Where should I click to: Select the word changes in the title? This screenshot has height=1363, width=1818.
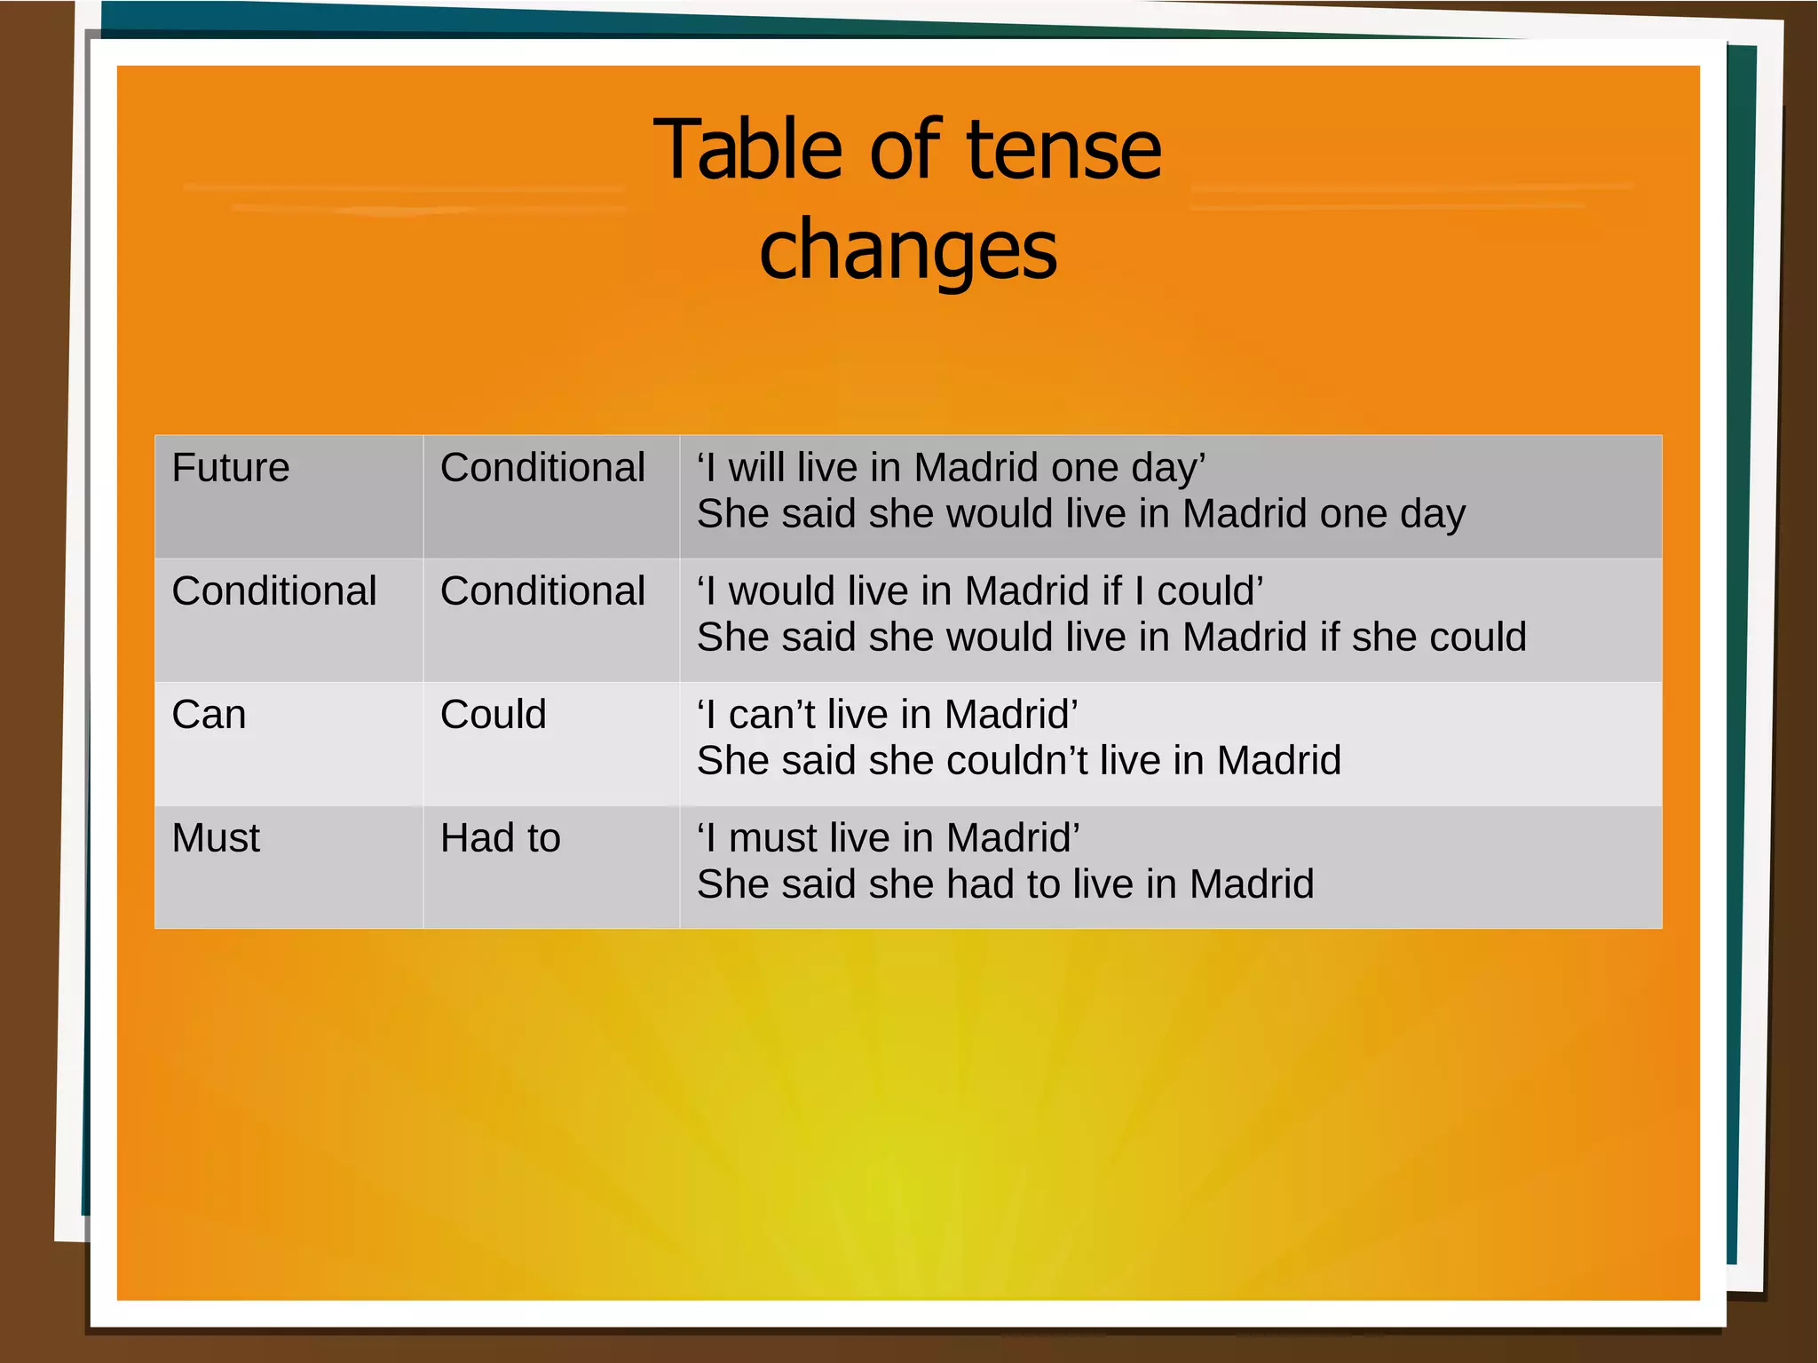(908, 250)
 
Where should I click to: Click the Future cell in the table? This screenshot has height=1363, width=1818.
(231, 468)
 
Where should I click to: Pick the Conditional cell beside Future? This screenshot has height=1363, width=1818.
(542, 468)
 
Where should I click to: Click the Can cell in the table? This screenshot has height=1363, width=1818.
(209, 715)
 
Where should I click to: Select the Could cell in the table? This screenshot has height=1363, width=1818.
(494, 715)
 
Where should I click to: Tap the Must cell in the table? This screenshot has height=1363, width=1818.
(216, 838)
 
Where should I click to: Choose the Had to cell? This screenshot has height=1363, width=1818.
(501, 838)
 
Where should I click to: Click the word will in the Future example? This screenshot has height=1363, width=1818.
(758, 468)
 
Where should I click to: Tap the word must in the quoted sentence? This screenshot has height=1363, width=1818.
(773, 838)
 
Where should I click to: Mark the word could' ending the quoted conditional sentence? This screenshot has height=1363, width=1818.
(1210, 591)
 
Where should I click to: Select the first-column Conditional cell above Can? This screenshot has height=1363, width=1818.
(274, 591)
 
